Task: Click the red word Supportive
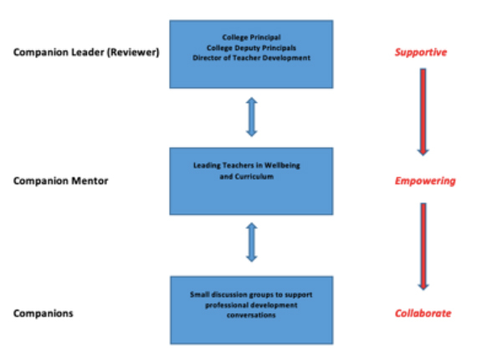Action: [421, 53]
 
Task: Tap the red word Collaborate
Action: [423, 313]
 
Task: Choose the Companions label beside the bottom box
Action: [43, 313]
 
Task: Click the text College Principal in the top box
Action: [252, 38]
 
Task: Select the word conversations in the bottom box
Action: [251, 314]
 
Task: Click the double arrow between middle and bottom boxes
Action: [251, 244]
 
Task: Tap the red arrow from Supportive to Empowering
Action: [423, 111]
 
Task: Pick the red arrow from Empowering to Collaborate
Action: [423, 245]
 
